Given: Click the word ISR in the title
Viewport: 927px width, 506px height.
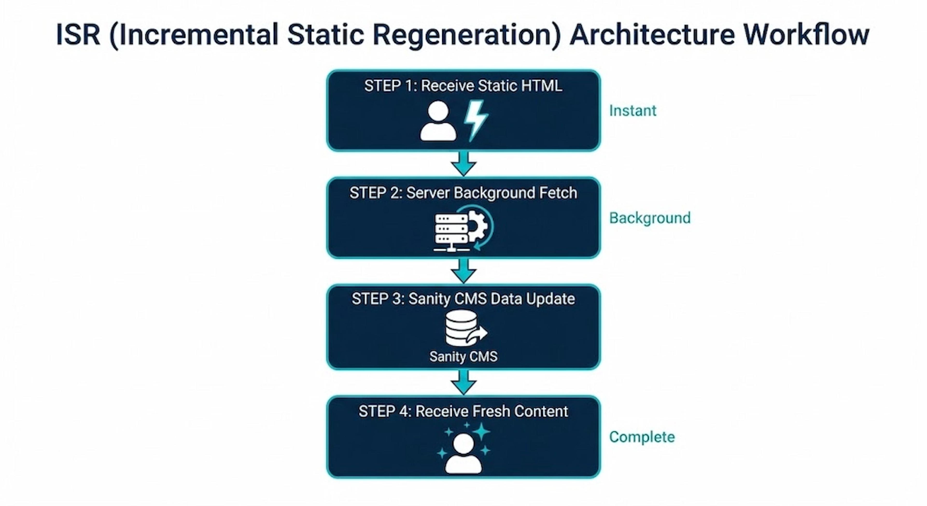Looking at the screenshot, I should click(x=78, y=35).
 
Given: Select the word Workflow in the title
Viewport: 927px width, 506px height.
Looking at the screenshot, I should click(x=806, y=35).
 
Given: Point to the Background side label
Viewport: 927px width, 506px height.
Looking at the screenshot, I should click(x=650, y=218).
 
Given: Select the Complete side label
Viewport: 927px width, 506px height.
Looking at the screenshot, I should click(x=642, y=437).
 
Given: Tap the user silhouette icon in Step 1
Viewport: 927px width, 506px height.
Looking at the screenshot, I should click(x=438, y=121).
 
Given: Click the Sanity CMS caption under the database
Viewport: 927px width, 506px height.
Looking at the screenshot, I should click(x=463, y=357).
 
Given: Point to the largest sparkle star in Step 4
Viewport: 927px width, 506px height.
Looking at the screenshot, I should click(x=481, y=431).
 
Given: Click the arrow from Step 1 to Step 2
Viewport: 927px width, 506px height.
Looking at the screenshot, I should click(x=463, y=164).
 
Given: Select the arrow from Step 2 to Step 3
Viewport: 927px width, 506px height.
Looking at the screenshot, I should click(x=463, y=271).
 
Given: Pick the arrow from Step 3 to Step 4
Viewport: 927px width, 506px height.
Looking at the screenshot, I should click(x=463, y=382).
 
